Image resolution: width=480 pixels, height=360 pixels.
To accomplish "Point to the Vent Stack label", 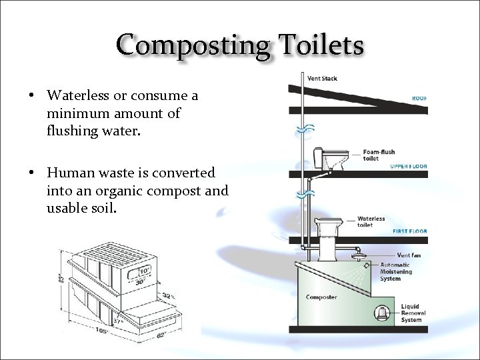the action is click(322, 79).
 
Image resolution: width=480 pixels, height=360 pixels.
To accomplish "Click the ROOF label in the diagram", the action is click(419, 99).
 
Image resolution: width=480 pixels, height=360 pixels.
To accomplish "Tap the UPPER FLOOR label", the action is click(408, 166).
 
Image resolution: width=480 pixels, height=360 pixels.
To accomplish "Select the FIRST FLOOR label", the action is click(409, 231).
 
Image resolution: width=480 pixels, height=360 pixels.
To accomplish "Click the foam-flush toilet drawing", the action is click(326, 159).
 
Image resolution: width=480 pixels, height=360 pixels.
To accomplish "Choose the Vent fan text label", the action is click(408, 255).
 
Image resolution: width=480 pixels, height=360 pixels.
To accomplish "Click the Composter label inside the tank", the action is click(321, 297).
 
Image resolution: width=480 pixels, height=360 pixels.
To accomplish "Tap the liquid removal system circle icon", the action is click(382, 313).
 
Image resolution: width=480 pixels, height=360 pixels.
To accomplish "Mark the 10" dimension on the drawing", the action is click(143, 271).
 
